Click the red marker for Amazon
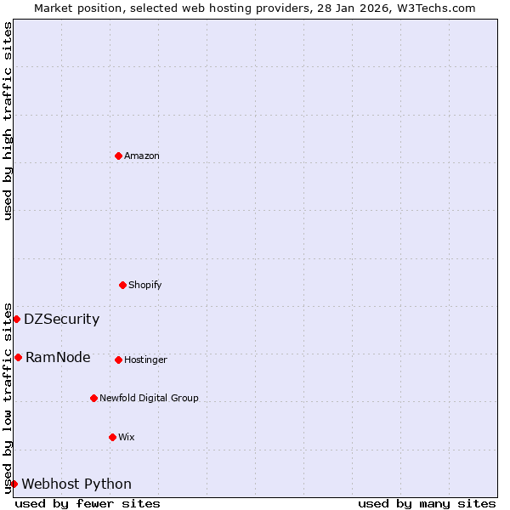point(118,156)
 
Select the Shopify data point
point(122,285)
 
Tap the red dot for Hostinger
point(118,360)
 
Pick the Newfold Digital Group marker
point(93,398)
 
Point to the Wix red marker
point(112,437)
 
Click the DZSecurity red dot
point(16,320)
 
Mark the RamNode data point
point(18,357)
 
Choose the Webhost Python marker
point(14,484)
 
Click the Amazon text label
point(142,156)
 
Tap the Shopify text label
point(145,285)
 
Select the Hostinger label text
point(145,360)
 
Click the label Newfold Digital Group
point(149,398)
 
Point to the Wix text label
point(127,437)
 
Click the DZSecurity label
point(61,320)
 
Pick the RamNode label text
point(58,357)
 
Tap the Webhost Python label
point(76,484)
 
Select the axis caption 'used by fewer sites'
point(88,503)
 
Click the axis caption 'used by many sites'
point(427,503)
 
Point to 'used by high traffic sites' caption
point(8,121)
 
